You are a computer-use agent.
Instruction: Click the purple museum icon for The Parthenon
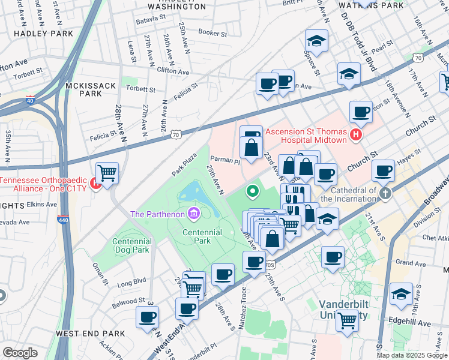(x=193, y=213)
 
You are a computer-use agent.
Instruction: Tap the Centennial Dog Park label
(x=131, y=245)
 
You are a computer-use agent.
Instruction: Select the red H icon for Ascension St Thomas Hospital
(x=356, y=135)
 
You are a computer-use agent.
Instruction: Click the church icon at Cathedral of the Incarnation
(x=385, y=193)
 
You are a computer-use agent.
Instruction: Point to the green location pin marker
(x=253, y=192)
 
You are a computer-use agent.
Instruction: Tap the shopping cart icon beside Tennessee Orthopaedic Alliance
(x=107, y=173)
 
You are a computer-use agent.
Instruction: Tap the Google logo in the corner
(x=20, y=353)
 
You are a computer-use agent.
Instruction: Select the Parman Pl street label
(x=226, y=161)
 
